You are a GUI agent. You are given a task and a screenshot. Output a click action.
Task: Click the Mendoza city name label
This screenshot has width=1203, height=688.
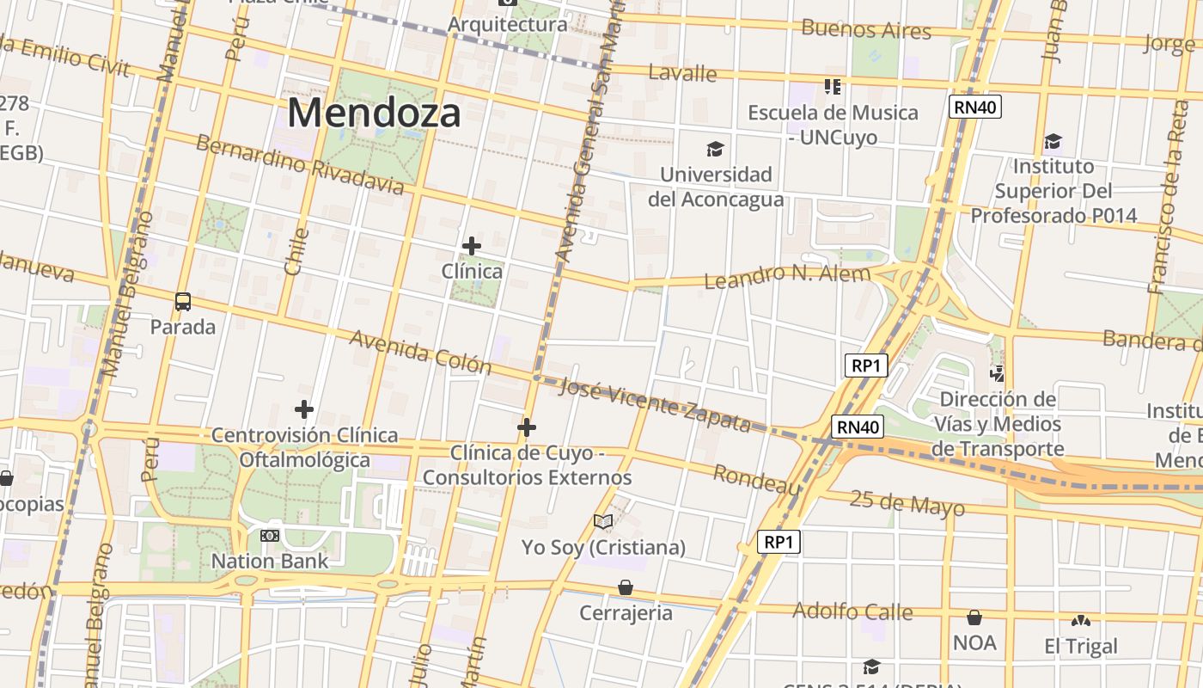point(374,113)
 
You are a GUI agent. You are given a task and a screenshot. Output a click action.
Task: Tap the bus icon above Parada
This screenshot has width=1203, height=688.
point(183,302)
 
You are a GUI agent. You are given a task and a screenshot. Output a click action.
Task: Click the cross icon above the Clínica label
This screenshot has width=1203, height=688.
point(471,246)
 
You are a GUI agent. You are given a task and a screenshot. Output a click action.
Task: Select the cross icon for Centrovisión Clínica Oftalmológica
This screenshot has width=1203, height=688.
point(303,409)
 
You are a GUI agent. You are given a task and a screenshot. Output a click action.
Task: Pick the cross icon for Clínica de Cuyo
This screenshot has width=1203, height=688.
point(527,427)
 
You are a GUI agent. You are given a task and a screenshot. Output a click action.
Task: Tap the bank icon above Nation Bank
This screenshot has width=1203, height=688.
point(270,536)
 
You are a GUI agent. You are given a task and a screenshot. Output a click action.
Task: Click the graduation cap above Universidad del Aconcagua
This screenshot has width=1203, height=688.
point(715,150)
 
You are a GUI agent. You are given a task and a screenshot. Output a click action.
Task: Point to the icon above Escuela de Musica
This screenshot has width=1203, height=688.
point(832,86)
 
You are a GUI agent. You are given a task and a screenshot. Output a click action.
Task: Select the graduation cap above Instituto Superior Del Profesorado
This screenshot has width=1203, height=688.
point(1053,141)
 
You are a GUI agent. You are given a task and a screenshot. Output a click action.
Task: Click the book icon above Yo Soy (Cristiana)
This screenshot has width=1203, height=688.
point(603,521)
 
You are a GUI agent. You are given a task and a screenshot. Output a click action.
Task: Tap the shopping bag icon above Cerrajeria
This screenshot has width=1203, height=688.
point(626,587)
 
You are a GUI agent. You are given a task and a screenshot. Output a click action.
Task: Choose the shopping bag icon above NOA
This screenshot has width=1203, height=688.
point(974,617)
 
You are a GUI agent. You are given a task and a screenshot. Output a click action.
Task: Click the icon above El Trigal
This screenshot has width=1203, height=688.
point(1081,620)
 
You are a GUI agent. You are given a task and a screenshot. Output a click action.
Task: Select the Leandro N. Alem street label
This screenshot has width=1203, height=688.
point(786,276)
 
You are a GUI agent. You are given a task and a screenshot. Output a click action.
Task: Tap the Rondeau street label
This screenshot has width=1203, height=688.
point(756,480)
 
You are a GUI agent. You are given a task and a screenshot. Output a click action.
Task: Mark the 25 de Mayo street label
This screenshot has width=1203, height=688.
point(907,503)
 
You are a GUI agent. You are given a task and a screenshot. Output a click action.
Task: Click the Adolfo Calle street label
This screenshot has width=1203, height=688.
point(852,611)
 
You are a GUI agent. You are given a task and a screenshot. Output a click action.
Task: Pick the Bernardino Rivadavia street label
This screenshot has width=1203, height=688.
point(299,164)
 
